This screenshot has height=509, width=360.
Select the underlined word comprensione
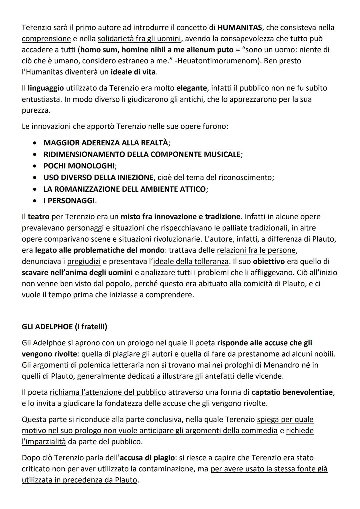pos(46,39)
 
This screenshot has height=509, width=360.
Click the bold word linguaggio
pos(46,88)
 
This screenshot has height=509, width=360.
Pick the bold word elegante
pos(192,88)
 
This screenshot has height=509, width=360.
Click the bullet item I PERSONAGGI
pos(69,201)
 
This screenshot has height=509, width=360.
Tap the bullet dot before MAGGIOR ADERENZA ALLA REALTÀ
pos(35,143)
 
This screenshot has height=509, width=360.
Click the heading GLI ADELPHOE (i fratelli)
pos(64,327)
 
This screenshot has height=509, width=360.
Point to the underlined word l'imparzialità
pos(44,442)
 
